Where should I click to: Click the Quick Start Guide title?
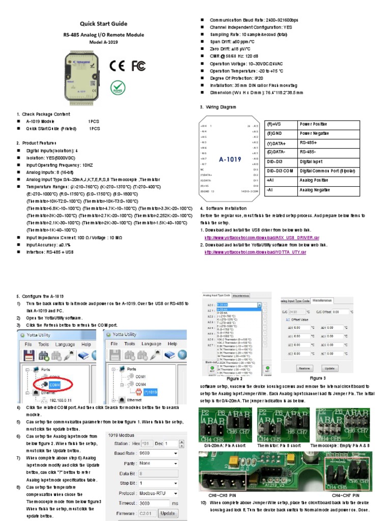pyautogui.click(x=103, y=23)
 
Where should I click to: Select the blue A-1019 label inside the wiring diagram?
pyautogui.click(x=230, y=159)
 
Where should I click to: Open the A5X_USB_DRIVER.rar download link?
pyautogui.click(x=262, y=238)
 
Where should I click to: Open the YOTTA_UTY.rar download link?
pyautogui.click(x=255, y=252)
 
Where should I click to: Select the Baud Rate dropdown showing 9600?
pyautogui.click(x=158, y=453)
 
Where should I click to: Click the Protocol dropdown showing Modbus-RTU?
pyautogui.click(x=158, y=493)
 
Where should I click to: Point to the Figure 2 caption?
pyautogui.click(x=234, y=379)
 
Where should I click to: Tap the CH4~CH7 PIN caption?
pyautogui.click(x=346, y=495)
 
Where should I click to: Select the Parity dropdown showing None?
pyautogui.click(x=158, y=463)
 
